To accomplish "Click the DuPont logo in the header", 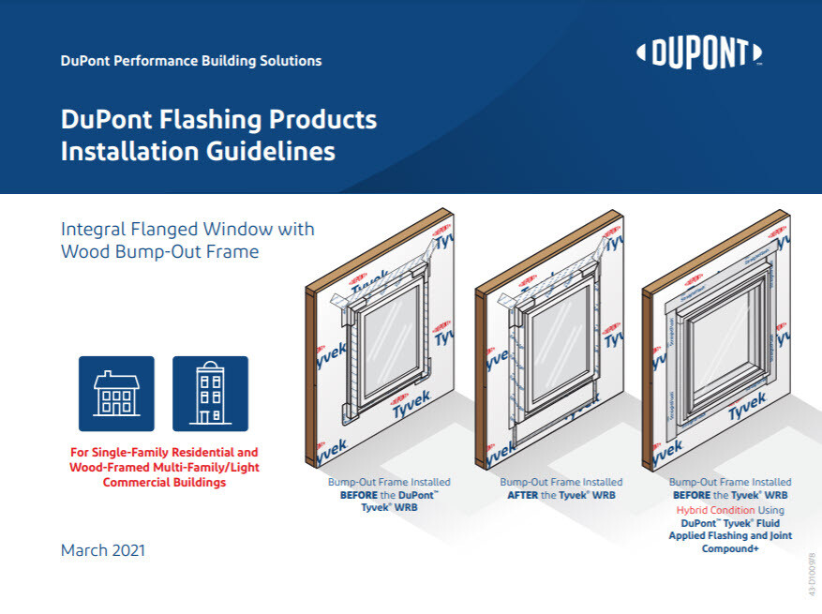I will click(699, 54).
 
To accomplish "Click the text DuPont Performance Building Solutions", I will click(191, 61).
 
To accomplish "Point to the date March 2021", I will click(103, 550).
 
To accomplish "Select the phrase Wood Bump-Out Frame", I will click(160, 252).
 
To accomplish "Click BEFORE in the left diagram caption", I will click(361, 495).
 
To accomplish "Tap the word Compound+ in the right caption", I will click(730, 548).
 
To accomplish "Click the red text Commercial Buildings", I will click(164, 483).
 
